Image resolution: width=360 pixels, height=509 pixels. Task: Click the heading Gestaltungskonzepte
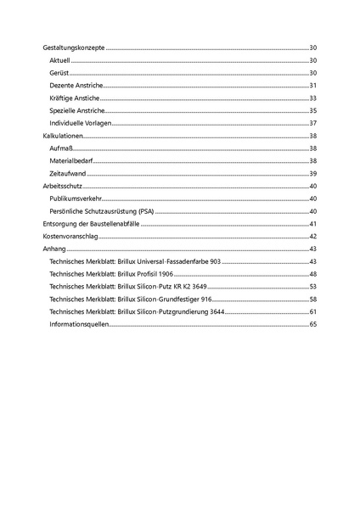(x=74, y=48)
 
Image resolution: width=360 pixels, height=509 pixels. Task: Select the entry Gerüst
(x=60, y=74)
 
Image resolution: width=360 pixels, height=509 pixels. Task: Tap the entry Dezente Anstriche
(x=76, y=86)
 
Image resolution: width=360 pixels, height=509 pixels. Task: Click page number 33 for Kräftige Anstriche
(x=312, y=98)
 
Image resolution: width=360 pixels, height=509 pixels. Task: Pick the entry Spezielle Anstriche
(x=77, y=111)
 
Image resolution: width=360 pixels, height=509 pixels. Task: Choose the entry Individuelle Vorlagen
(x=81, y=124)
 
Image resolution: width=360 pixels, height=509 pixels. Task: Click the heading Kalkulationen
(x=65, y=136)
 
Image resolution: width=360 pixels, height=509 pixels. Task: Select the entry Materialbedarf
(x=71, y=161)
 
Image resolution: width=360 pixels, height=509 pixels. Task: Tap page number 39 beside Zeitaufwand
(x=312, y=173)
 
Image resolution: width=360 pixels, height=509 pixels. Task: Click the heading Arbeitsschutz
(x=62, y=186)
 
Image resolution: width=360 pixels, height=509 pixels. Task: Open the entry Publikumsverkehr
(x=77, y=199)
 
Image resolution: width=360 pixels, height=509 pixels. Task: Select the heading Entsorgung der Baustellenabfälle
(x=91, y=223)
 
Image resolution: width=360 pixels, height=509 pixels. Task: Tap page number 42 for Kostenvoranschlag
(x=312, y=236)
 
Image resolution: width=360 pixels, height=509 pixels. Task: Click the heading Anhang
(x=53, y=249)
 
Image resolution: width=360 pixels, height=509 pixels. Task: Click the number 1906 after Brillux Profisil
(x=166, y=274)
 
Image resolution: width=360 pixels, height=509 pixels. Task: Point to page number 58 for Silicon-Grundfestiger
(x=312, y=299)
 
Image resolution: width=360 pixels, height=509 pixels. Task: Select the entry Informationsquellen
(x=79, y=324)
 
